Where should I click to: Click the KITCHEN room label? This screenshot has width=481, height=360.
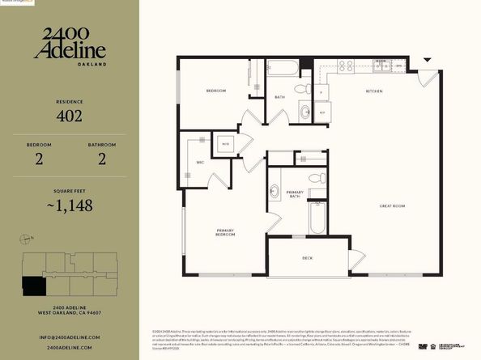tap(374, 91)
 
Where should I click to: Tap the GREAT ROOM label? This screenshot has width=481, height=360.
tap(392, 206)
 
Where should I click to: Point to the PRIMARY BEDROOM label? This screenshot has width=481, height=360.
tap(225, 232)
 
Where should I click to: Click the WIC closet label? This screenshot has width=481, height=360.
tap(200, 162)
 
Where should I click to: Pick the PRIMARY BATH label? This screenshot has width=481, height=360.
tap(295, 194)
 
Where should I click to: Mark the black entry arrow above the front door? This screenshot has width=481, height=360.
tap(428, 61)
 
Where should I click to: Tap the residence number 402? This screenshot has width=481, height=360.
tap(69, 116)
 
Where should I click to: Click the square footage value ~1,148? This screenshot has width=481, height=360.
tap(69, 205)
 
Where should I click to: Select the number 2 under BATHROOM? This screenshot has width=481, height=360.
tap(102, 159)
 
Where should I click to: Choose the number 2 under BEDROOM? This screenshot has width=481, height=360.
tap(38, 159)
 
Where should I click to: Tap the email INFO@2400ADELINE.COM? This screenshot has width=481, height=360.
tap(69, 336)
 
